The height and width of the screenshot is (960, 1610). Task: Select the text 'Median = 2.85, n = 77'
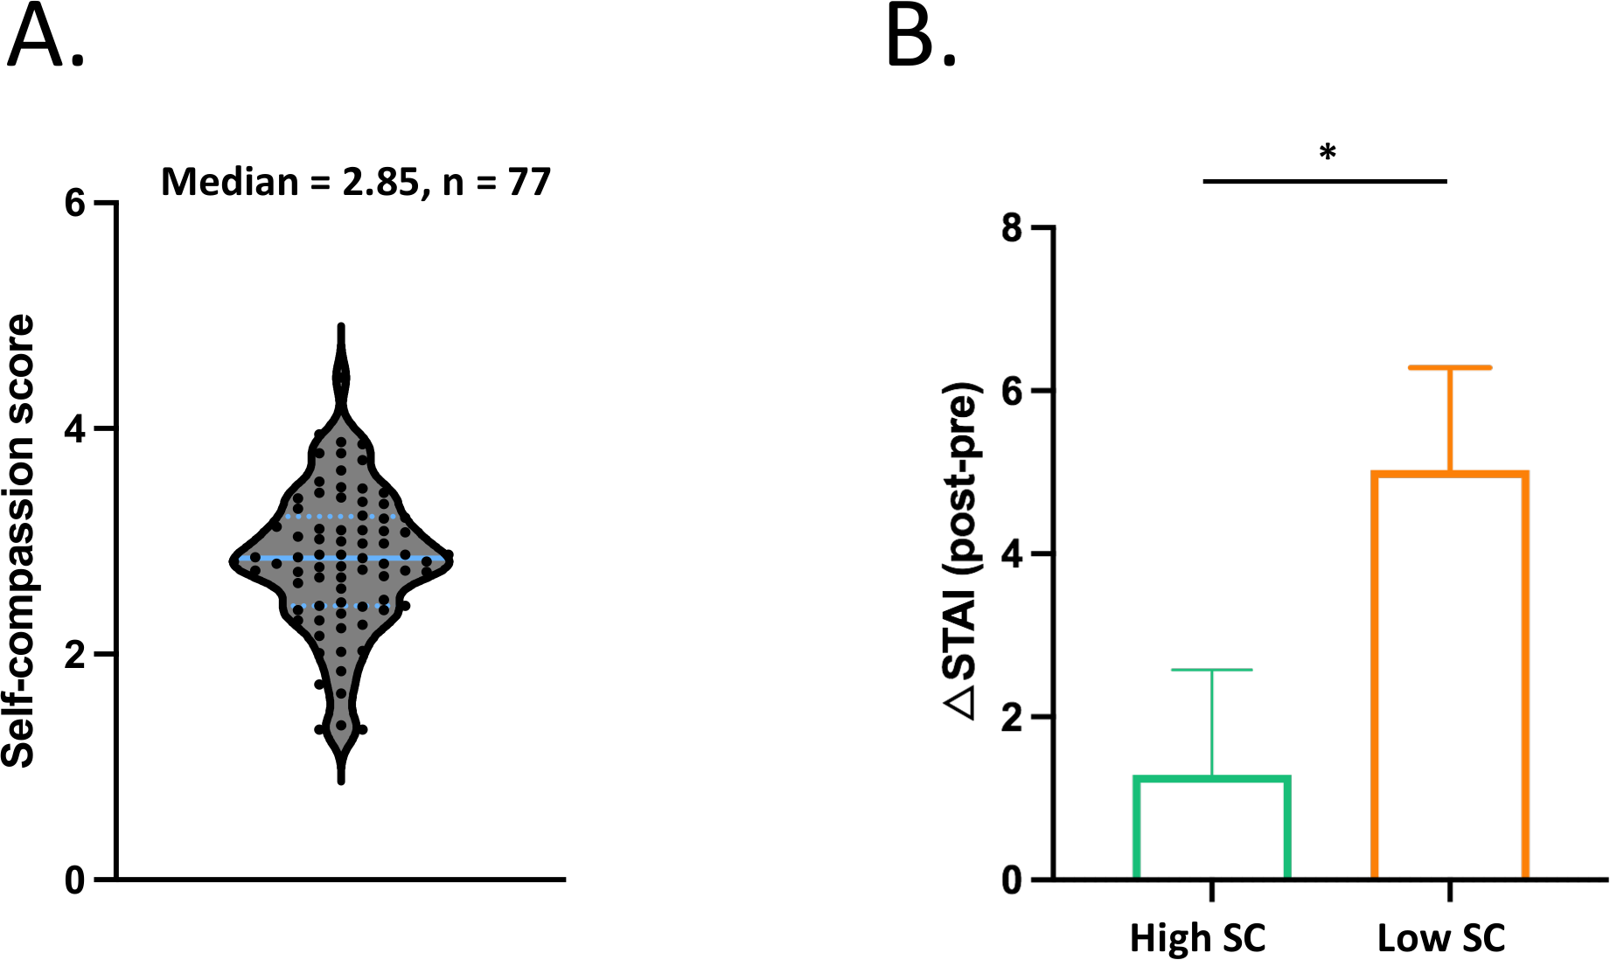[356, 182]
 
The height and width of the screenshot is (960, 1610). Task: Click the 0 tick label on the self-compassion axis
[75, 880]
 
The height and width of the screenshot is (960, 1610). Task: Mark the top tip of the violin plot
[341, 327]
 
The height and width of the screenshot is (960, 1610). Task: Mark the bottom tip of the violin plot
[341, 780]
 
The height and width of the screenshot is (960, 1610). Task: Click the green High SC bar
[1212, 826]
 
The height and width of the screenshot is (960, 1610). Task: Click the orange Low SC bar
[1449, 673]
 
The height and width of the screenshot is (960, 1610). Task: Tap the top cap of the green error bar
[1212, 670]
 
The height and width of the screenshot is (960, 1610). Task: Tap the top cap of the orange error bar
[1449, 367]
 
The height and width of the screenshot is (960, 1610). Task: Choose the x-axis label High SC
[1197, 937]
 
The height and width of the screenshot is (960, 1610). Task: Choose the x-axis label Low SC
[1440, 937]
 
